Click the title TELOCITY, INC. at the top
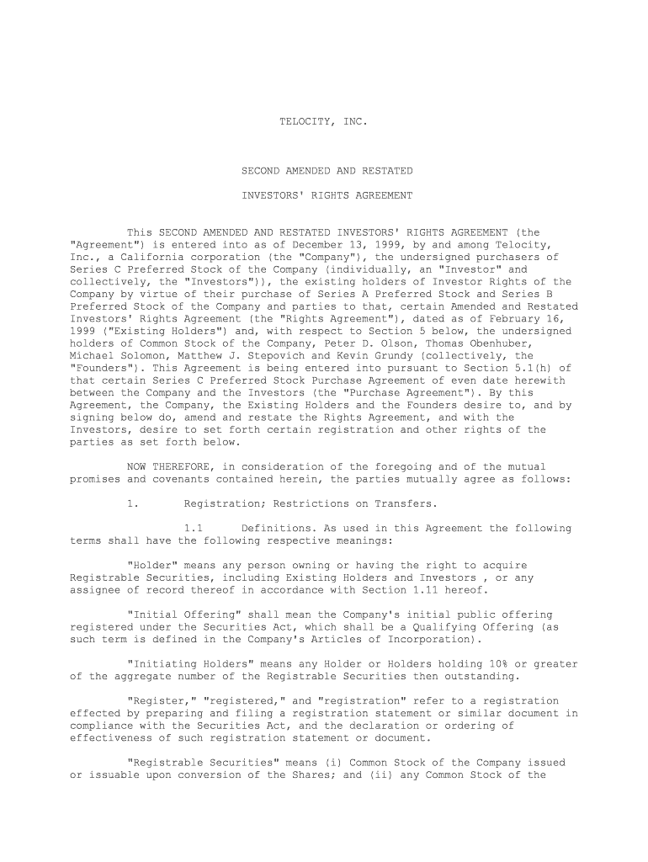tap(323, 122)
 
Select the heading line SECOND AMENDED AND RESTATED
tap(327, 171)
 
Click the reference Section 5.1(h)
tap(527, 369)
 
